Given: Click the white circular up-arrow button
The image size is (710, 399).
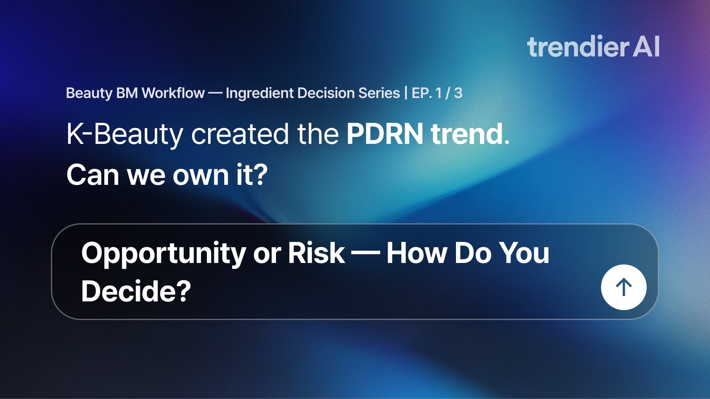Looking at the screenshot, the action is point(624,287).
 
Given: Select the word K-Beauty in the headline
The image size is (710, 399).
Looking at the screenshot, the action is point(125,134).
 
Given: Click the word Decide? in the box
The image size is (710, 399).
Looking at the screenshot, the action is point(136,291).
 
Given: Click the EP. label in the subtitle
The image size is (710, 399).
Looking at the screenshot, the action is point(422,93).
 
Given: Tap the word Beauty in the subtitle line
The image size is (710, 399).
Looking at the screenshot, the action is point(89,93).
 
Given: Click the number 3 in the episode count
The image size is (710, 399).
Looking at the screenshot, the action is point(458,93).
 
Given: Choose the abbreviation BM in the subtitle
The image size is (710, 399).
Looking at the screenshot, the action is point(127,93).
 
